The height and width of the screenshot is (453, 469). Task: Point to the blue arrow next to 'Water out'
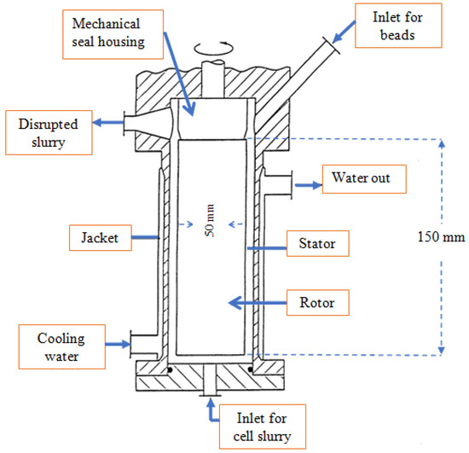[x=306, y=181]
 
